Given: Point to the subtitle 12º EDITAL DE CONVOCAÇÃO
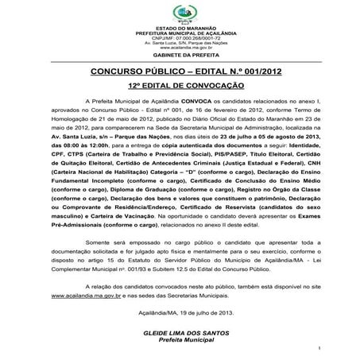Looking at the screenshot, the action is point(184,84).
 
